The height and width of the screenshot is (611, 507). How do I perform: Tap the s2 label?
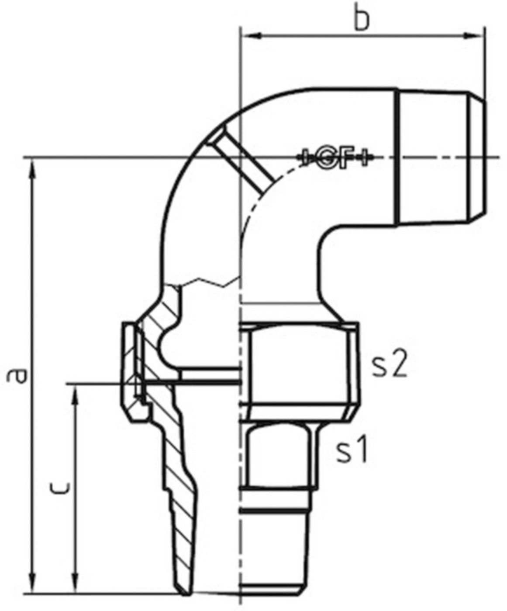(x=390, y=366)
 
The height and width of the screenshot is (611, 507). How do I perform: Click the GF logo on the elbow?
(x=335, y=158)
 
